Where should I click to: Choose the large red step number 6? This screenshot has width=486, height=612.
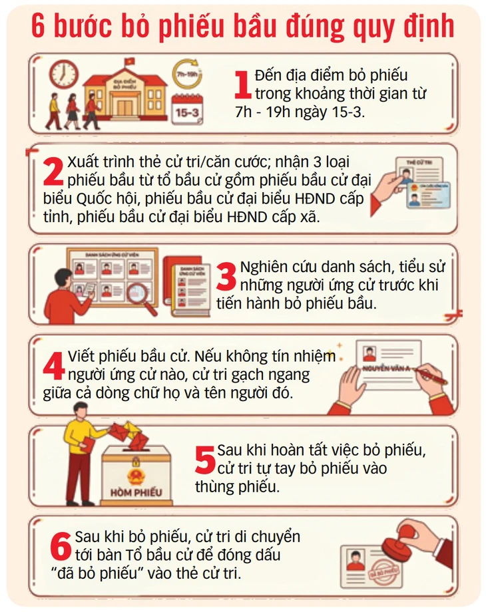pyautogui.click(x=61, y=547)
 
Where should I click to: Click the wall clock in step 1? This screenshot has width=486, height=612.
pyautogui.click(x=65, y=75)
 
